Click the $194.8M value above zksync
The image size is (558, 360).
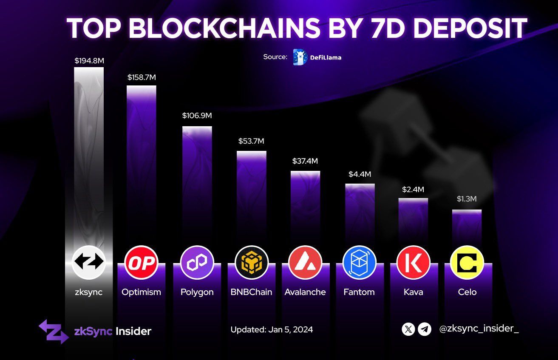coord(89,61)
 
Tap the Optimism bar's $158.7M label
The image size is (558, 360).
coord(142,77)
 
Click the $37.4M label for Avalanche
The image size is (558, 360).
coord(305,161)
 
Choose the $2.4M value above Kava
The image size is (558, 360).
coord(413,190)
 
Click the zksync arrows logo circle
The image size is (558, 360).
coord(88,262)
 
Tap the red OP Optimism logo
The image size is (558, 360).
coord(141,263)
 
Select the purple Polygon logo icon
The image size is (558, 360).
coord(197,263)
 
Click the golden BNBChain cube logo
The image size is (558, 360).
coord(252,263)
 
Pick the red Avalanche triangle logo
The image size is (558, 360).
coord(305,263)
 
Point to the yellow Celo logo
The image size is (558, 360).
coord(467,263)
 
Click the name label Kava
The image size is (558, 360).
coord(413,292)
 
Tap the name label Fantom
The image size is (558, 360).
coord(359,292)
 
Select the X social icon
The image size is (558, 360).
coord(408,329)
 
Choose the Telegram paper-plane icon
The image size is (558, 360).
coord(425,329)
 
